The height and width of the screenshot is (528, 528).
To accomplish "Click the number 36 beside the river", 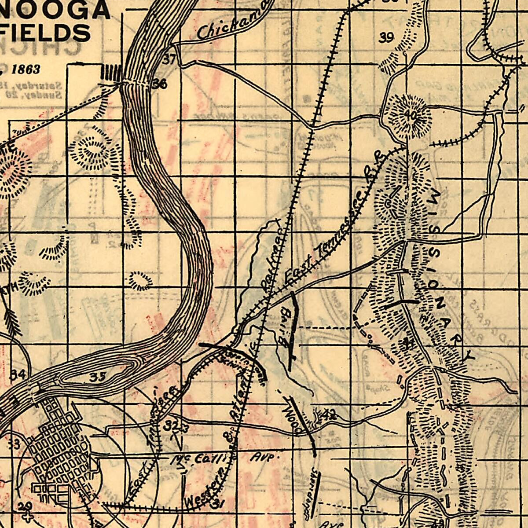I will pyautogui.click(x=159, y=83).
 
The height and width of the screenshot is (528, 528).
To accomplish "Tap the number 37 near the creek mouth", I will pyautogui.click(x=169, y=59).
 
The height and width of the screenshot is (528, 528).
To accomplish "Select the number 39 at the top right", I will pyautogui.click(x=386, y=38).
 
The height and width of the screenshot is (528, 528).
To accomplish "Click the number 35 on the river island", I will pyautogui.click(x=98, y=377).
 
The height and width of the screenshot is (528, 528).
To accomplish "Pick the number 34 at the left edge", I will pyautogui.click(x=18, y=375).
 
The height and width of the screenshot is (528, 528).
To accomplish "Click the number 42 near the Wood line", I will pyautogui.click(x=329, y=414).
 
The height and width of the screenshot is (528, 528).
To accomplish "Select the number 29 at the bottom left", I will pyautogui.click(x=25, y=506).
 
